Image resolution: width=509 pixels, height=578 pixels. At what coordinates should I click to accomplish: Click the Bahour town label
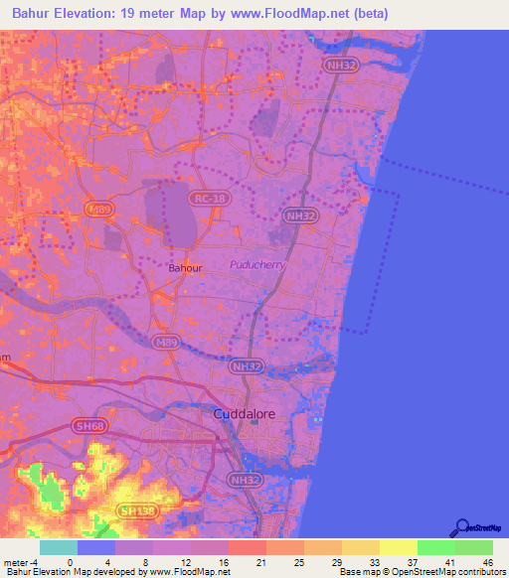[185, 268]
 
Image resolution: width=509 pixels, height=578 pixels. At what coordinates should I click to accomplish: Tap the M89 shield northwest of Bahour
[97, 209]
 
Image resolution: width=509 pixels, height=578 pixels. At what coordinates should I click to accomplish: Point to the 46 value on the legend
[488, 561]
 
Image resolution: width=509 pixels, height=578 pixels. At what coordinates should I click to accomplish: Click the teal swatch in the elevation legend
[58, 547]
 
